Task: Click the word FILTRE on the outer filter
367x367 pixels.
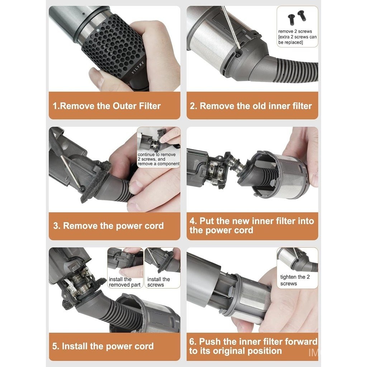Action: click(x=138, y=68)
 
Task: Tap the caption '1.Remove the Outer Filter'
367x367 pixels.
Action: click(x=107, y=106)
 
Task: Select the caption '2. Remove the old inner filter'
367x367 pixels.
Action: click(x=251, y=106)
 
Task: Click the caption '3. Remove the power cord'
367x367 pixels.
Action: click(x=108, y=226)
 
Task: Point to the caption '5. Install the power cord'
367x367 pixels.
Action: click(x=103, y=346)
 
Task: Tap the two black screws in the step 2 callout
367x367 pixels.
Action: click(x=296, y=17)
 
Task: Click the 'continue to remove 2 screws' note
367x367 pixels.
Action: click(x=158, y=159)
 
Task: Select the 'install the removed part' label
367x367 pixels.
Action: click(x=124, y=282)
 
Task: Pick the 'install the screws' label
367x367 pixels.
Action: click(x=158, y=282)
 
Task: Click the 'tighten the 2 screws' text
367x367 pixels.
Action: click(x=295, y=280)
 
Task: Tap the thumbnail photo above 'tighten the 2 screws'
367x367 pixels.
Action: click(x=297, y=259)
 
